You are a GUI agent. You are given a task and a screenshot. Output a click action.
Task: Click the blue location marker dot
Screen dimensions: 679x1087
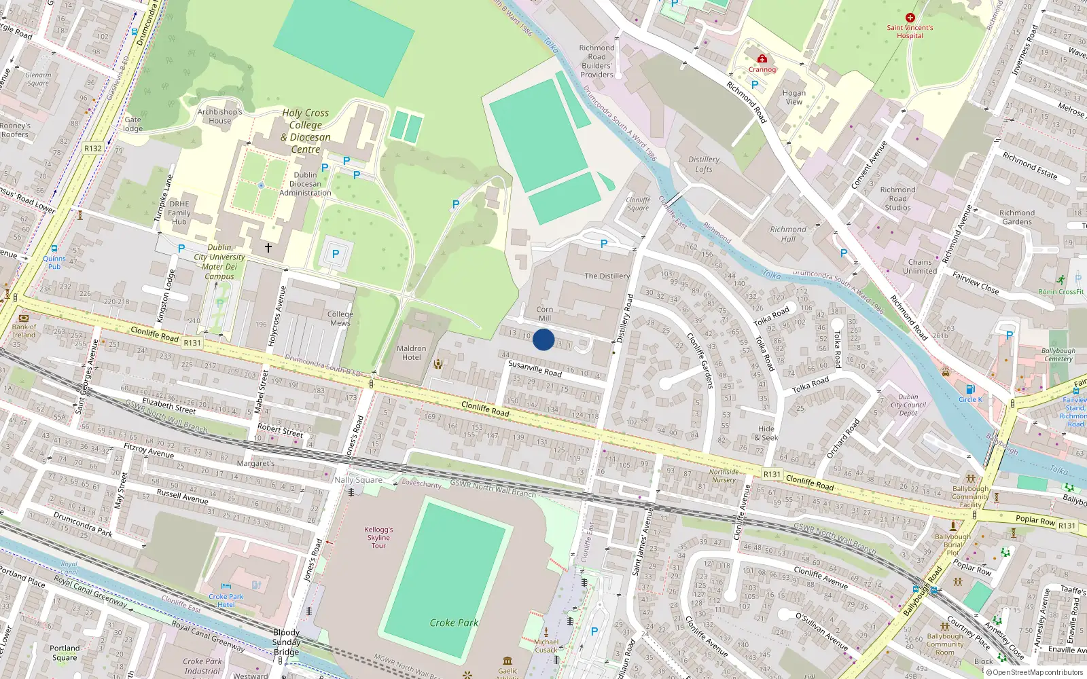543,339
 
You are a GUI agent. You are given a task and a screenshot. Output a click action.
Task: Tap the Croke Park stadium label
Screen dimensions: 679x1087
454,623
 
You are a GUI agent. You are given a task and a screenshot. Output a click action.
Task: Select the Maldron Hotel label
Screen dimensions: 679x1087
412,353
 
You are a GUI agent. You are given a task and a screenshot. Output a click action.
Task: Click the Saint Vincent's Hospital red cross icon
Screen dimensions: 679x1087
910,18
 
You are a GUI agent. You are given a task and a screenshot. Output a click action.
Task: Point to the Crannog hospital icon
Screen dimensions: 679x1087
762,59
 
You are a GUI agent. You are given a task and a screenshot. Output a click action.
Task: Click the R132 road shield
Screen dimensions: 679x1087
93,148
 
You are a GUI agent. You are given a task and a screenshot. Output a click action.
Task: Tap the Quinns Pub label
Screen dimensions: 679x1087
54,262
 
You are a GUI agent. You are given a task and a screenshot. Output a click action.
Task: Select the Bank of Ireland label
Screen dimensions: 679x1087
24,331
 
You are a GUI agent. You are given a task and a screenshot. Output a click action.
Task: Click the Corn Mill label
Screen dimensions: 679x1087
545,314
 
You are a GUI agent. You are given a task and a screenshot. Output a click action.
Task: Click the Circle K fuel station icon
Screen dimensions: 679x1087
970,389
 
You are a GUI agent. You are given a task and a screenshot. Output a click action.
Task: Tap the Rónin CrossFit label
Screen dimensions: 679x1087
1061,292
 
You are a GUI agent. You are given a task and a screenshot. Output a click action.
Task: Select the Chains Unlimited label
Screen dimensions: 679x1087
920,266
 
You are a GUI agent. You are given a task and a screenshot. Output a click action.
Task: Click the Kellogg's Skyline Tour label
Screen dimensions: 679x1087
378,537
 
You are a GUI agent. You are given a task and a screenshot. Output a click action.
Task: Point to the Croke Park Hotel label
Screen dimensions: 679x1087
226,601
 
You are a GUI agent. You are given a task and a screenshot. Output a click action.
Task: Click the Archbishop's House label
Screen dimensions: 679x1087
219,116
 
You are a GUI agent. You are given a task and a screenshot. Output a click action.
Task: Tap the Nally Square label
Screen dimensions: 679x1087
358,480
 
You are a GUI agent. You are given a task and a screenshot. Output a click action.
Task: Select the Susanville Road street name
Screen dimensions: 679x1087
535,369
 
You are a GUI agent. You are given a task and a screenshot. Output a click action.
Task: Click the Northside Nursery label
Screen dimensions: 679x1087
724,476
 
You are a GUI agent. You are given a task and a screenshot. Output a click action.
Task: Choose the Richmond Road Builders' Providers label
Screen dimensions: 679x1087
596,61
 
